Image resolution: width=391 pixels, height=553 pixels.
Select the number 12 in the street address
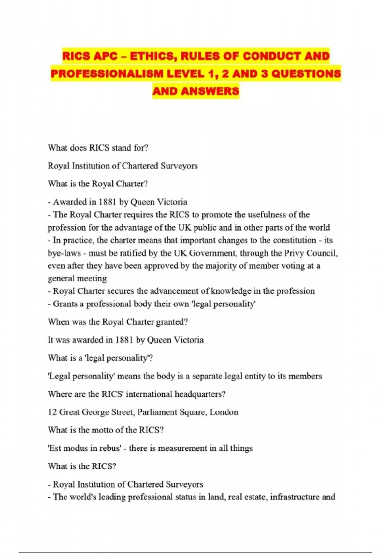pos(52,412)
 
